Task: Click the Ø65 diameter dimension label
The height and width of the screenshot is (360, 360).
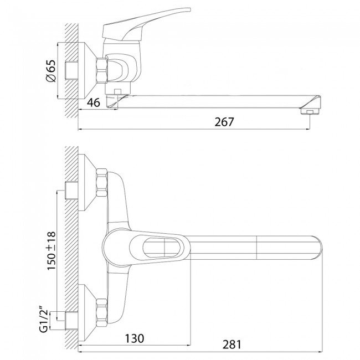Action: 51,71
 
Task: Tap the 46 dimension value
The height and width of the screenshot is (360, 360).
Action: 94,102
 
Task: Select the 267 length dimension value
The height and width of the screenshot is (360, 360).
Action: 224,122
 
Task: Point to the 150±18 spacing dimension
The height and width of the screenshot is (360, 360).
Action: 51,251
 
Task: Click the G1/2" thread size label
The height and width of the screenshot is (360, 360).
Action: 44,321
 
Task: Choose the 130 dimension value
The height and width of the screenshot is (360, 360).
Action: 135,338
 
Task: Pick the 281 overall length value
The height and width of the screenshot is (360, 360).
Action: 232,344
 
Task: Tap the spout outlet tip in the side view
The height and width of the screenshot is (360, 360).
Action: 310,111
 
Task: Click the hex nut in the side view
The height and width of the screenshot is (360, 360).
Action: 102,70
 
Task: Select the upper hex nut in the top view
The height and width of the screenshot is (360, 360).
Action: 102,183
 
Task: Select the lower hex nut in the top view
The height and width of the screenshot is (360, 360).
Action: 102,313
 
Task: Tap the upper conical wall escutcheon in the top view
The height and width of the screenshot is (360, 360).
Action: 88,182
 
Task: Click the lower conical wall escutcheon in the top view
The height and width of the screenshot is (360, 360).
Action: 88,313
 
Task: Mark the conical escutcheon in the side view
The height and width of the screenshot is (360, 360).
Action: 88,70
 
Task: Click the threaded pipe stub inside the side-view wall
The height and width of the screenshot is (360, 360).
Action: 72,70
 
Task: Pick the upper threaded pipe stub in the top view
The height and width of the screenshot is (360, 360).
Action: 72,191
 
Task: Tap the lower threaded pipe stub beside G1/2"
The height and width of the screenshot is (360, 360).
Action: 72,321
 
